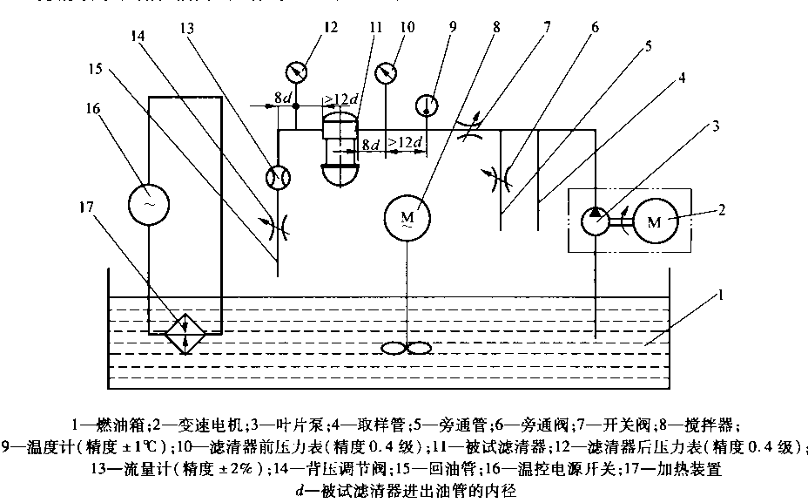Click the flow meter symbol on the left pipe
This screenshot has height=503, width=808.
(x=278, y=177)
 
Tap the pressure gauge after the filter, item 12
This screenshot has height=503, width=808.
(x=296, y=69)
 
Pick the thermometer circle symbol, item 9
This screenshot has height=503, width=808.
(x=426, y=105)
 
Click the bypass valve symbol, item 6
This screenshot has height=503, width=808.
(x=502, y=176)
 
